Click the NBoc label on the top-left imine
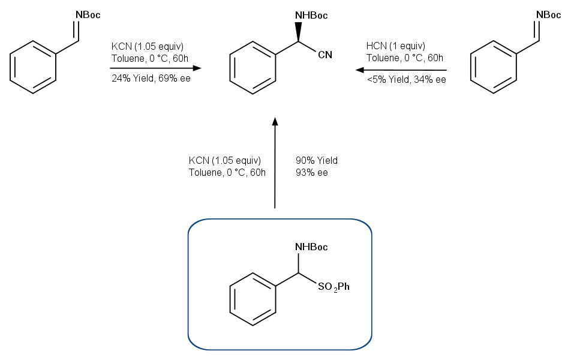(88, 15)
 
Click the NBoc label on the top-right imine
(548, 15)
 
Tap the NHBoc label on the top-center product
(311, 16)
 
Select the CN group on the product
(325, 55)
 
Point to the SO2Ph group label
(333, 287)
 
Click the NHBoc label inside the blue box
(311, 247)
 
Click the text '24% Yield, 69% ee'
(151, 79)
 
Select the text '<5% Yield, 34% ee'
(407, 79)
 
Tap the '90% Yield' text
(317, 160)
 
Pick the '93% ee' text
(312, 172)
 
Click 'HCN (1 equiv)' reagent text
(396, 46)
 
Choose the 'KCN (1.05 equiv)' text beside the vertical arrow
(225, 160)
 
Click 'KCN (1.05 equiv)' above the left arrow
(148, 47)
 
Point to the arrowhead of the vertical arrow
(275, 121)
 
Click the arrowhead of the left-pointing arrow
(360, 70)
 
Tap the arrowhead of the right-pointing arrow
(197, 68)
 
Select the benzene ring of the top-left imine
(33, 67)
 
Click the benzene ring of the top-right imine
(494, 67)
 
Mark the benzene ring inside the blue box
(253, 299)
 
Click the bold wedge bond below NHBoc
(298, 32)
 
